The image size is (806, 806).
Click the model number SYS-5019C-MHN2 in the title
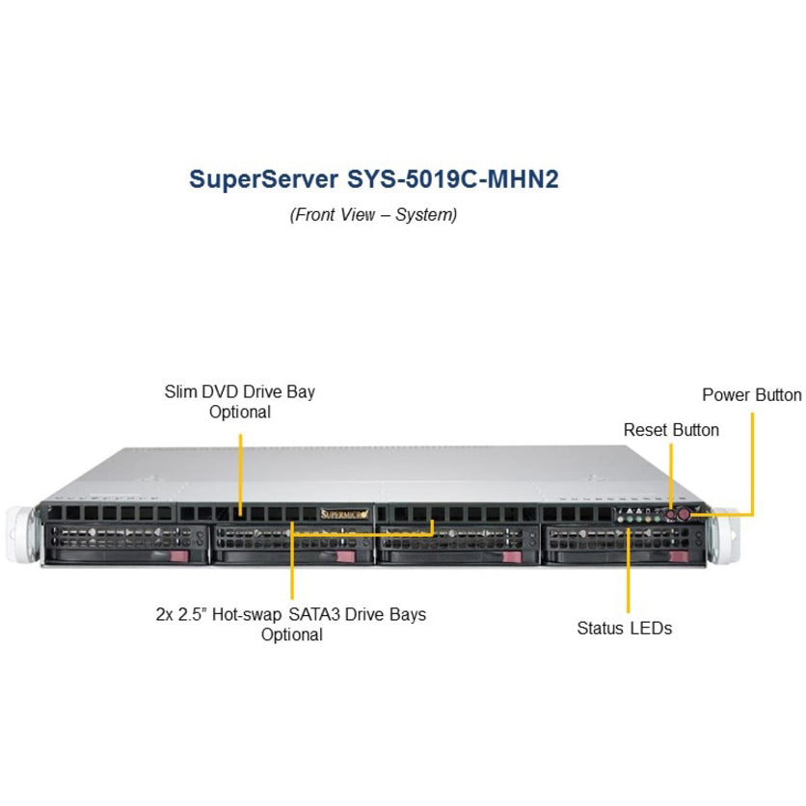pos(453,179)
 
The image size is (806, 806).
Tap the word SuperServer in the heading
pos(264,180)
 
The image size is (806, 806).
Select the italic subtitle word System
pos(426,214)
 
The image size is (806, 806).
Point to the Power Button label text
pos(751,394)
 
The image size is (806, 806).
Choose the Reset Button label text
pos(671,430)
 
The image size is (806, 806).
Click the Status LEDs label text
pos(624,628)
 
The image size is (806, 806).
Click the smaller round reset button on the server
pos(671,514)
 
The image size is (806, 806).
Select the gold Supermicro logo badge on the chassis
pos(344,514)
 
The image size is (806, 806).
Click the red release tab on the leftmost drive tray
pos(179,556)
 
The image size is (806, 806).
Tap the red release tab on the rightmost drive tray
pos(679,556)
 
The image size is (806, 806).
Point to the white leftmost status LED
pos(621,519)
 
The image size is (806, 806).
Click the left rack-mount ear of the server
pos(21,533)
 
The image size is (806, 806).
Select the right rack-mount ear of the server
pos(724,536)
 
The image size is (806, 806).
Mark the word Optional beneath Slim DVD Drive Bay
pos(239,412)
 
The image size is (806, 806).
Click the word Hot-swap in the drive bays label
pos(247,615)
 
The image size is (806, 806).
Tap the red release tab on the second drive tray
pos(345,556)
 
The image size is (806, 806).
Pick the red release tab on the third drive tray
pos(512,556)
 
